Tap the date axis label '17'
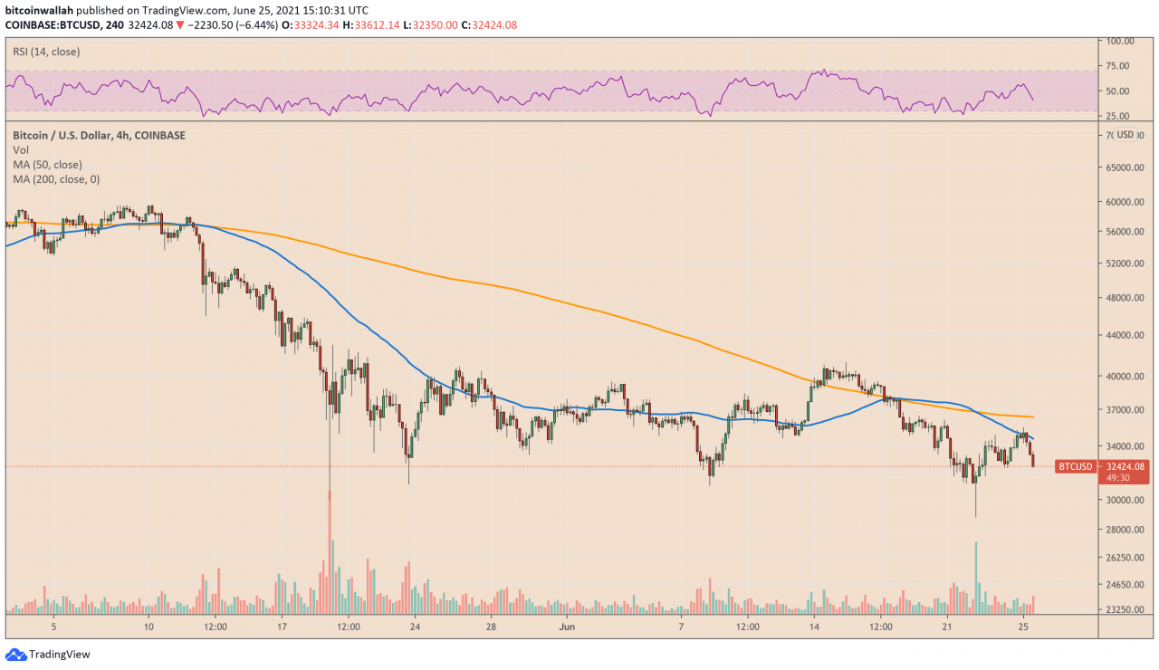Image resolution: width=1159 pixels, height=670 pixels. (x=283, y=627)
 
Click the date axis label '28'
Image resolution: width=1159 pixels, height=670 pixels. (x=490, y=627)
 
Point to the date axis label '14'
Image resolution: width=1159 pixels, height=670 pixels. (x=814, y=627)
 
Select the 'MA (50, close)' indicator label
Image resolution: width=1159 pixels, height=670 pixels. (x=47, y=165)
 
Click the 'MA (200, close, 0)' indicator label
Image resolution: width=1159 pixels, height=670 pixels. (x=56, y=179)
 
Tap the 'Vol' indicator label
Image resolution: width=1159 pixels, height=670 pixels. (x=21, y=150)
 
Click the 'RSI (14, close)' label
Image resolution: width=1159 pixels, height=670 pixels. (x=46, y=52)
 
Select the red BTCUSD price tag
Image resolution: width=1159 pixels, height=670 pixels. (x=1075, y=466)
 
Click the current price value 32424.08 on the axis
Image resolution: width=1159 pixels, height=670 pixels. (x=1126, y=466)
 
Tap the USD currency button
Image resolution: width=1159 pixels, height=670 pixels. (x=1125, y=135)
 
